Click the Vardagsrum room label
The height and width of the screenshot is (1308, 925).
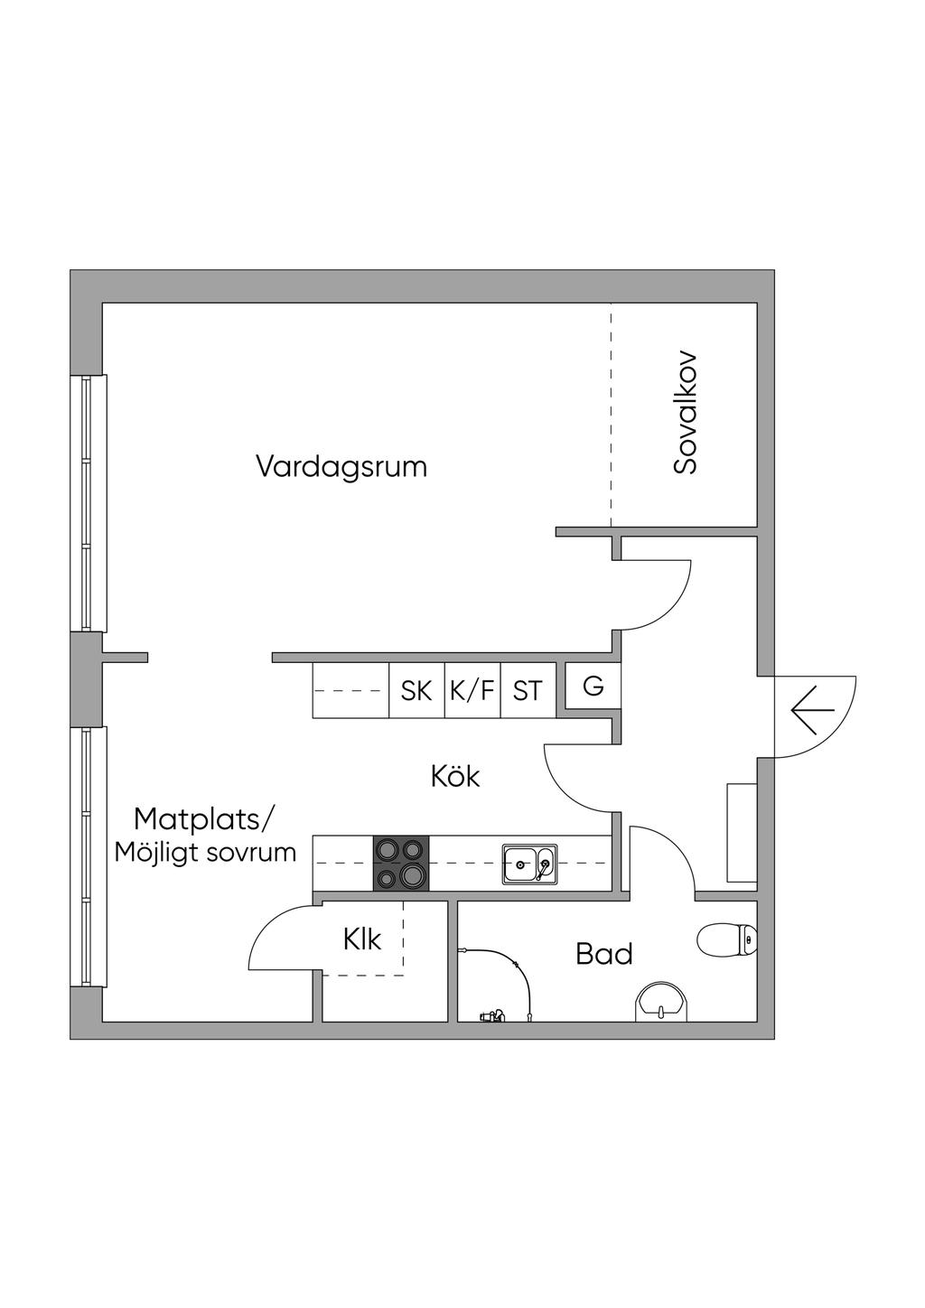click(341, 467)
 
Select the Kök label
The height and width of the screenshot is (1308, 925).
click(455, 776)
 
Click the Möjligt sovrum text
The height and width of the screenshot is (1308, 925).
click(205, 853)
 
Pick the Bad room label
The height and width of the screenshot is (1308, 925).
click(604, 954)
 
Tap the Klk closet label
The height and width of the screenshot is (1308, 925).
click(361, 939)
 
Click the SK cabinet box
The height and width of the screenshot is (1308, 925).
click(416, 691)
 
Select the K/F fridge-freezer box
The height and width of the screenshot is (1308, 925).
click(472, 691)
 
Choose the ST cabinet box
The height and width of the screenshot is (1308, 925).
click(528, 691)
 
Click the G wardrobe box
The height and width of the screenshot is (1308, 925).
click(593, 687)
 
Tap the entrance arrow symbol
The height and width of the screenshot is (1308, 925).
click(812, 710)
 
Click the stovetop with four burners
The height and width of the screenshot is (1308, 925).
click(401, 863)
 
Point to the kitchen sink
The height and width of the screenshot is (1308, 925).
click(529, 864)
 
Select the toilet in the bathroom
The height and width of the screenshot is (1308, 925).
click(727, 939)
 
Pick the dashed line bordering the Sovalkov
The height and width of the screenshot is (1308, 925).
click(611, 416)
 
